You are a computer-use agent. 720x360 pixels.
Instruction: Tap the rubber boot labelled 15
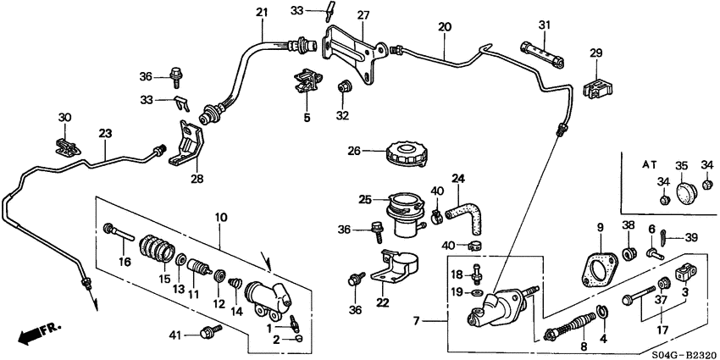pyautogui.click(x=157, y=249)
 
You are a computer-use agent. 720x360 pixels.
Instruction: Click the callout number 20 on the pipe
pyautogui.click(x=445, y=27)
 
